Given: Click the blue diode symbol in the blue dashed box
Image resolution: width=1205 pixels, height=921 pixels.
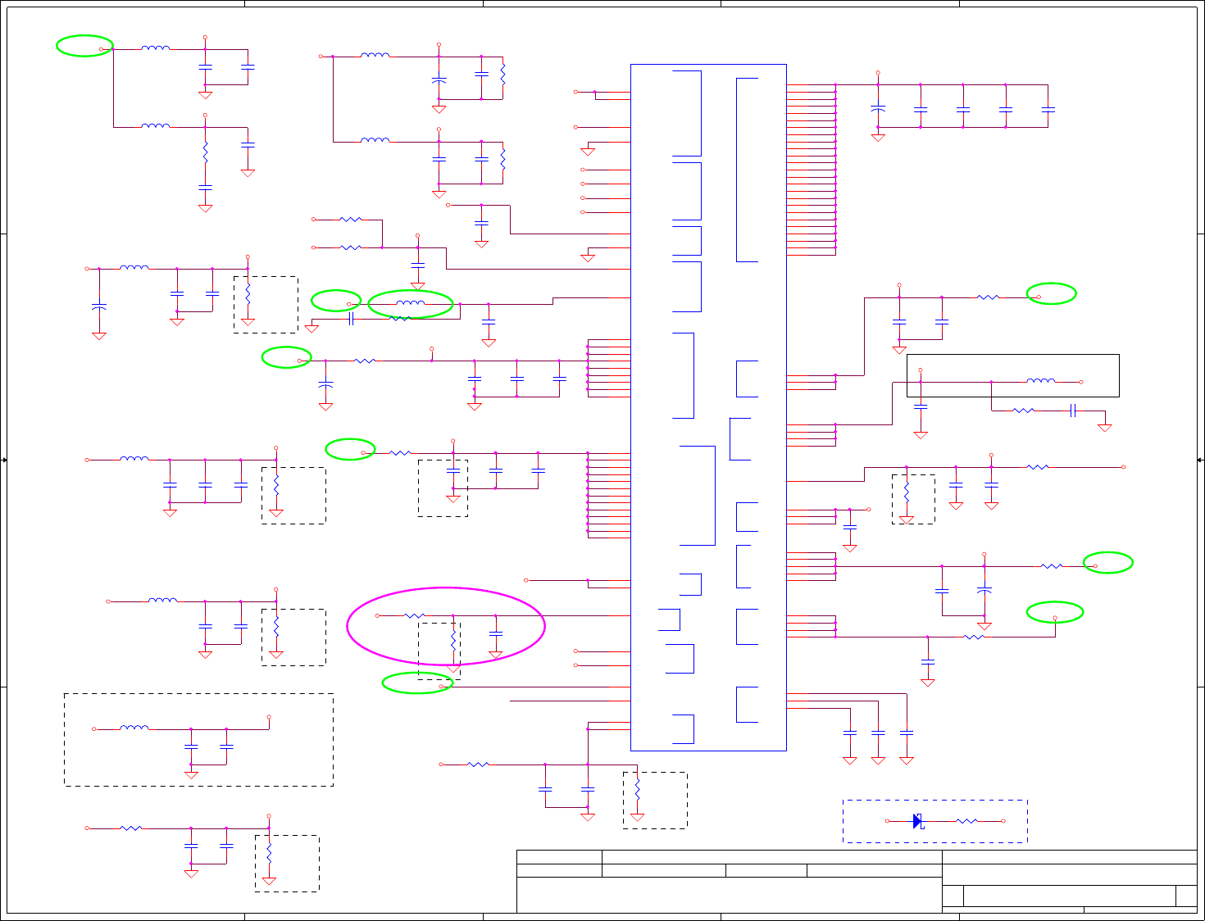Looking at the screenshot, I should [x=917, y=821].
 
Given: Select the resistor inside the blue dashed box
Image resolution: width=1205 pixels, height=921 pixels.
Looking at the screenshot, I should [x=966, y=821].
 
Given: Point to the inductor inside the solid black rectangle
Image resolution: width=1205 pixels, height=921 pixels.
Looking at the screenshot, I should [x=1041, y=381].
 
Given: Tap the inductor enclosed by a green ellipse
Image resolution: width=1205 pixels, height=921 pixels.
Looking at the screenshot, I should [x=411, y=304].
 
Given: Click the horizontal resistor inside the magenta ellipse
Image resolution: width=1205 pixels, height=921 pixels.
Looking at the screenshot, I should [x=415, y=615].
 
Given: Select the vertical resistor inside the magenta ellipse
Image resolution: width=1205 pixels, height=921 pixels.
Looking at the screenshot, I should [x=452, y=637].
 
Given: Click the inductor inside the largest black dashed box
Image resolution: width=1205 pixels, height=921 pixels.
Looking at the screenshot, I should [x=134, y=728].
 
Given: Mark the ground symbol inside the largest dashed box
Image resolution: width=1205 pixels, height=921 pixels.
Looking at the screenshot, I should [x=191, y=774].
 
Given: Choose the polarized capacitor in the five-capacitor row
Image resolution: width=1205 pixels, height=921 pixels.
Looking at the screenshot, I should [x=878, y=108].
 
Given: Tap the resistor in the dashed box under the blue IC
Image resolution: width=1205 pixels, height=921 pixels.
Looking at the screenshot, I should [x=637, y=791].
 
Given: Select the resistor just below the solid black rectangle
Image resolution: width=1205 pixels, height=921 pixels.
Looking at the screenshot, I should [x=1024, y=411].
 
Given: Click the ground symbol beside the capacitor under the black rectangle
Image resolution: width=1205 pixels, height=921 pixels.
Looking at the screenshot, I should [x=1105, y=428].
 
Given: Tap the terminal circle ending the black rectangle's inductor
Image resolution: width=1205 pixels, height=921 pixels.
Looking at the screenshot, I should [x=1081, y=382].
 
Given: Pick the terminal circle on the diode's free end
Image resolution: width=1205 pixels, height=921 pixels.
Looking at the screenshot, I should [x=888, y=821].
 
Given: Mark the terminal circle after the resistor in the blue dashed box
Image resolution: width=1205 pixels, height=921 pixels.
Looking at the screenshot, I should [x=1003, y=821].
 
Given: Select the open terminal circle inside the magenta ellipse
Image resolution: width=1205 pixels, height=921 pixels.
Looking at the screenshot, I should [x=377, y=615].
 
